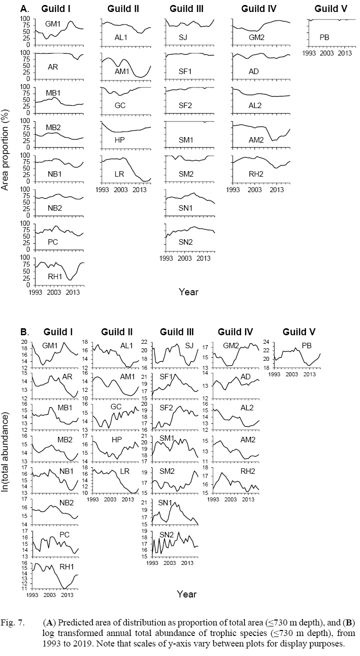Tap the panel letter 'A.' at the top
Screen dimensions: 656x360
(x=24, y=9)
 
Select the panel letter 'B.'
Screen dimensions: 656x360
(x=25, y=331)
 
